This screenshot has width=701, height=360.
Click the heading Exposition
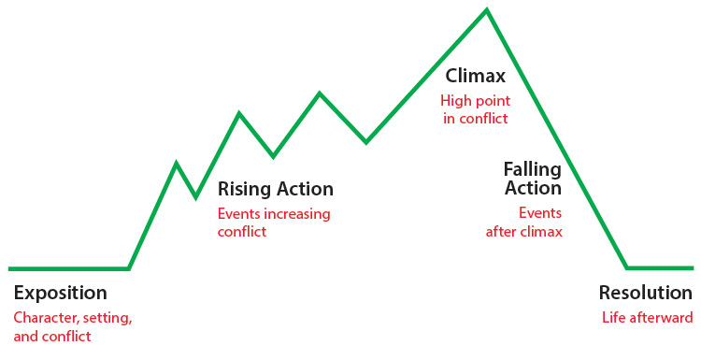[60, 293]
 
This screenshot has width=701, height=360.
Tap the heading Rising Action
[275, 190]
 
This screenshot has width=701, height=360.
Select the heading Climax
[477, 75]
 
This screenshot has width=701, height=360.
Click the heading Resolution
[646, 292]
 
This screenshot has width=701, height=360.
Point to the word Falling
[532, 169]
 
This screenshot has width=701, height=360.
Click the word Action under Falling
[533, 188]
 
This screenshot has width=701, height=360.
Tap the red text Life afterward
[647, 317]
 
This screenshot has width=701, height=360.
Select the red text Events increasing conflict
[273, 223]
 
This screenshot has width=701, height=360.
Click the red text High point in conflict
[474, 108]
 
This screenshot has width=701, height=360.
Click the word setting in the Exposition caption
[106, 317]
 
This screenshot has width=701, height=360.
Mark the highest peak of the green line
[486, 10]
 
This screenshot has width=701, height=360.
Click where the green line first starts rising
[129, 268]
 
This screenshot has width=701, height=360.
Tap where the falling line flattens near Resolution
[627, 267]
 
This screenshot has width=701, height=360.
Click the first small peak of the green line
[177, 163]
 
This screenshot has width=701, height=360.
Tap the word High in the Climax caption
[455, 100]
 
